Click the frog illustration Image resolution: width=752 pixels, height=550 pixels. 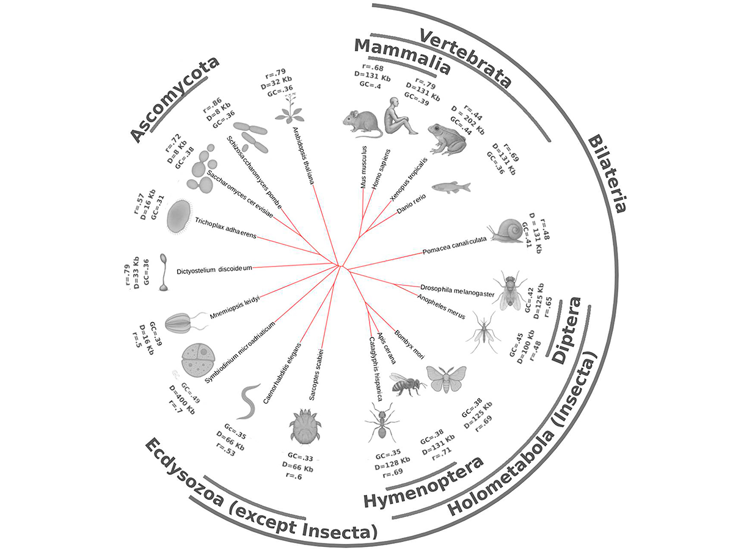tap(447, 139)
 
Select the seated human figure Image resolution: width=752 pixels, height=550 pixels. tap(400, 116)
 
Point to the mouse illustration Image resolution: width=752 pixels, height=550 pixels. tap(362, 124)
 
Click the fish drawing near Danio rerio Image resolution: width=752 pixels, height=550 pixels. tap(451, 186)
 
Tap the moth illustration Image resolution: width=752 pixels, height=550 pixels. tap(446, 379)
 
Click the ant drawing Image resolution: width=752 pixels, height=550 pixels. tap(382, 422)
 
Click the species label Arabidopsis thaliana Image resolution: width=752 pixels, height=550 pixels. tap(303, 156)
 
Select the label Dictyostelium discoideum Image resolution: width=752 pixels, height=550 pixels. tap(214, 269)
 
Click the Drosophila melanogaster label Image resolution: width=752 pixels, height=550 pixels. tap(457, 291)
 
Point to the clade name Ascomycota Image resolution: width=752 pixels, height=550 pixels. tap(174, 99)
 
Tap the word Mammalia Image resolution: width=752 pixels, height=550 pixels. tap(402, 56)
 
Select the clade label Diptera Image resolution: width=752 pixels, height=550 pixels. tap(566, 331)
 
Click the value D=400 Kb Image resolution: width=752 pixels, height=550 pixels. tap(181, 400)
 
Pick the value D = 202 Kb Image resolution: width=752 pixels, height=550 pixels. tap(468, 120)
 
